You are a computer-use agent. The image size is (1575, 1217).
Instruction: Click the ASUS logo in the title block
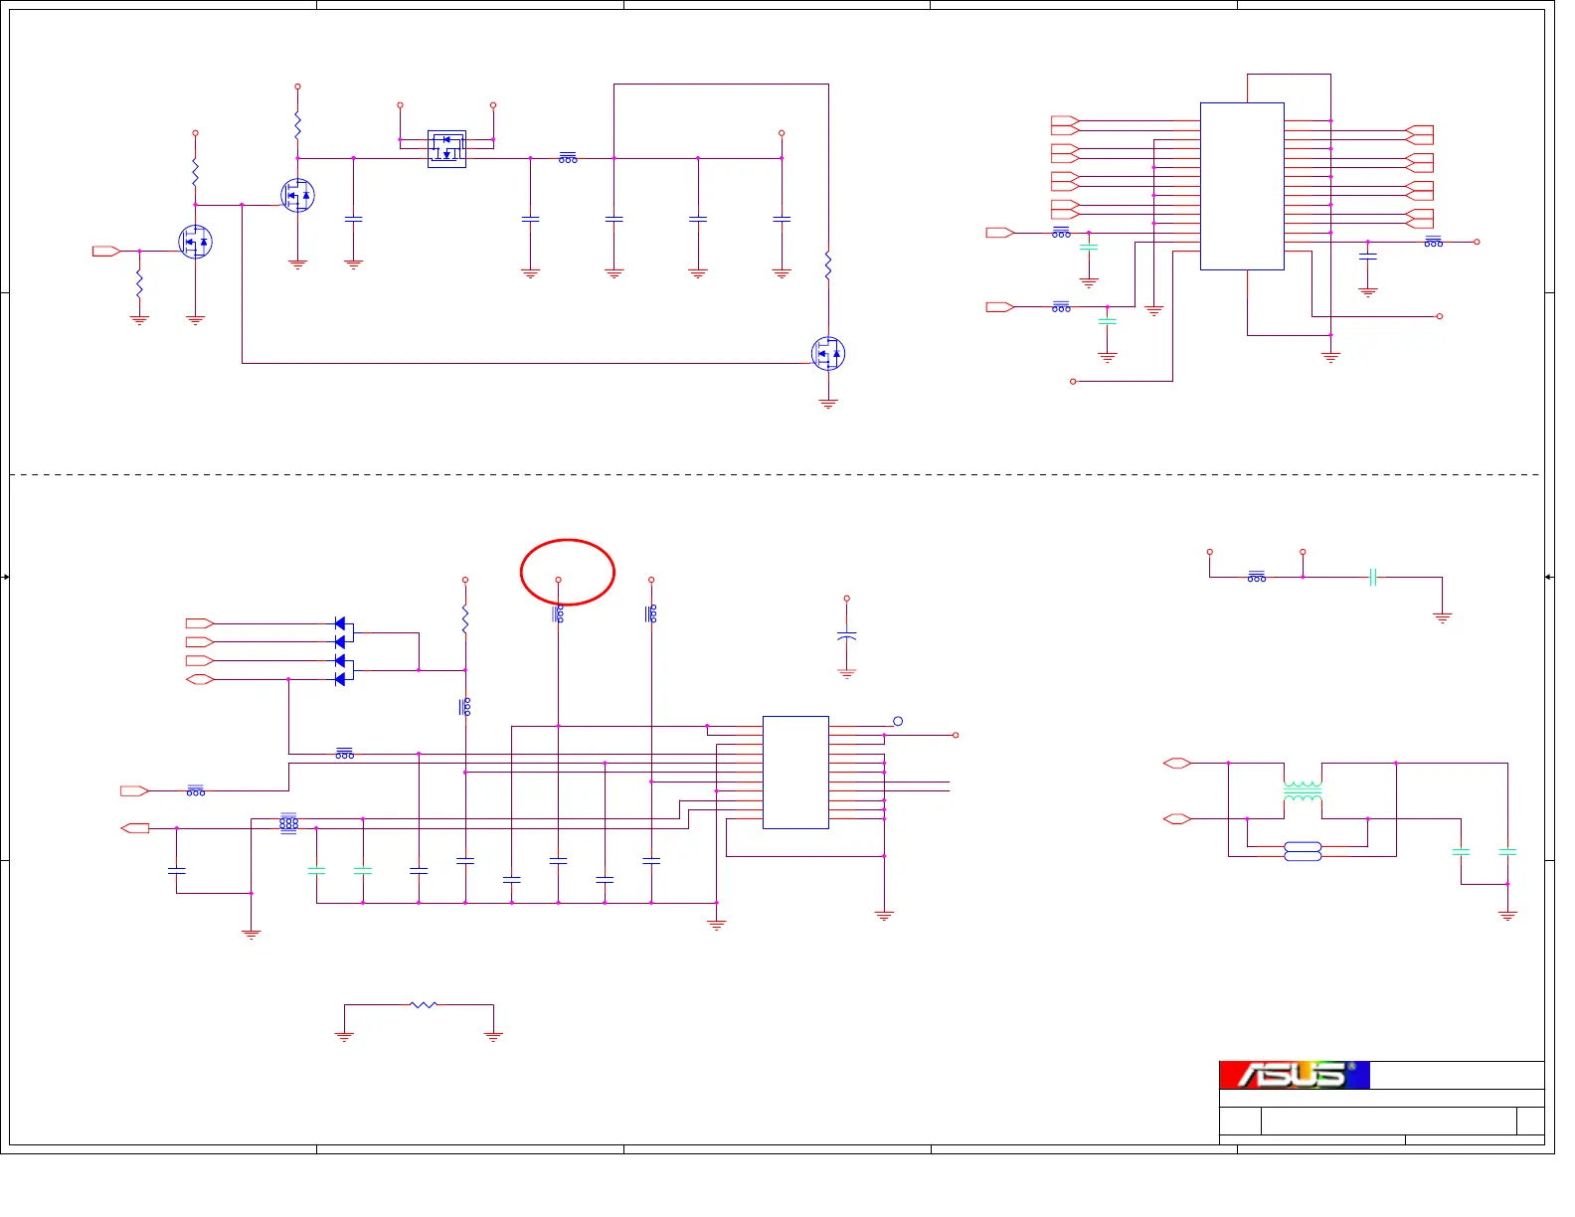pyautogui.click(x=1294, y=1075)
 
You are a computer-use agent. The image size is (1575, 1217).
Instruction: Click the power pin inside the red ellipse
pyautogui.click(x=558, y=579)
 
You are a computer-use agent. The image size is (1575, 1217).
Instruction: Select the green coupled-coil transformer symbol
pyautogui.click(x=1303, y=791)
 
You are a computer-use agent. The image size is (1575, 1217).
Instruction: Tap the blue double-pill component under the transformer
pyautogui.click(x=1303, y=851)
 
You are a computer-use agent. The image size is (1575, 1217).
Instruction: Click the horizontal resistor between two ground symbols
pyautogui.click(x=424, y=1005)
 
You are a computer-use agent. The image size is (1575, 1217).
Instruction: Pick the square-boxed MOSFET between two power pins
pyautogui.click(x=446, y=149)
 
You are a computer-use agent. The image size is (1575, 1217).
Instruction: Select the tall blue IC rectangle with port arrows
pyautogui.click(x=1242, y=186)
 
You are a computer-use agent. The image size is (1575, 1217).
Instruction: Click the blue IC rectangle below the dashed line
pyautogui.click(x=795, y=772)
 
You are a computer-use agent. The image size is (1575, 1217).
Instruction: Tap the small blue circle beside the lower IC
pyautogui.click(x=898, y=721)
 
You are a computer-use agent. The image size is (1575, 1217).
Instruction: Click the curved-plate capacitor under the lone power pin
pyautogui.click(x=847, y=636)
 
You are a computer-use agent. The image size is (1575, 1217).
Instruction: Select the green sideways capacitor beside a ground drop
pyautogui.click(x=1372, y=577)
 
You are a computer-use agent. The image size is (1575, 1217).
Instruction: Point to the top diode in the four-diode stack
pyautogui.click(x=341, y=623)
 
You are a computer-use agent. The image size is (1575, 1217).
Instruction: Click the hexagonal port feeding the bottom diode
pyautogui.click(x=200, y=679)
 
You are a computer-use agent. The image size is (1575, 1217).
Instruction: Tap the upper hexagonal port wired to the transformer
pyautogui.click(x=1176, y=763)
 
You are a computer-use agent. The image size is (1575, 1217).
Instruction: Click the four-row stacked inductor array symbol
pyautogui.click(x=288, y=822)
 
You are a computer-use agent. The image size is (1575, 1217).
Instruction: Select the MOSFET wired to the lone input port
pyautogui.click(x=196, y=242)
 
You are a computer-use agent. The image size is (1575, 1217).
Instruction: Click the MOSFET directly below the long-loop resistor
pyautogui.click(x=828, y=353)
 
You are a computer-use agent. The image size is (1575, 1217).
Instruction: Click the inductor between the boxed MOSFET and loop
pyautogui.click(x=568, y=158)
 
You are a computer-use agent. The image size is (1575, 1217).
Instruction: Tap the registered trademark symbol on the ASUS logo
pyautogui.click(x=1351, y=1067)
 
